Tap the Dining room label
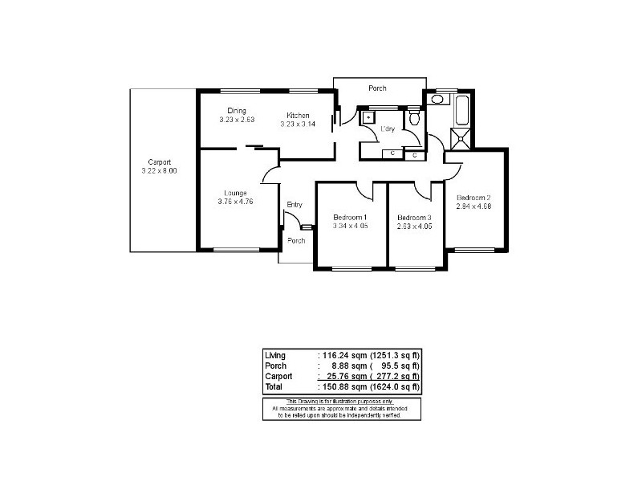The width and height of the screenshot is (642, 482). pyautogui.click(x=236, y=111)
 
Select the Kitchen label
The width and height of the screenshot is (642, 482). pyautogui.click(x=298, y=116)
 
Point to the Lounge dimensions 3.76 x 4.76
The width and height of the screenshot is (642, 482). pyautogui.click(x=235, y=202)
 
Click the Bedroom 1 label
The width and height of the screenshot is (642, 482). pyautogui.click(x=349, y=218)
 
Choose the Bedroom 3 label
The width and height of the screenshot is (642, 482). pyautogui.click(x=414, y=218)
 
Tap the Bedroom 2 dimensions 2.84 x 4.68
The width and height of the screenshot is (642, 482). pyautogui.click(x=473, y=206)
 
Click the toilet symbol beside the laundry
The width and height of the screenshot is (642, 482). pyautogui.click(x=414, y=120)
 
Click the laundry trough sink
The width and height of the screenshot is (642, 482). pyautogui.click(x=368, y=116)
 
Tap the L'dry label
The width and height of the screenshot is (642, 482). pyautogui.click(x=388, y=129)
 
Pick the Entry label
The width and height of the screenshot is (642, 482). pyautogui.click(x=295, y=205)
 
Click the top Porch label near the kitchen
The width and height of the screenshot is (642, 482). pyautogui.click(x=377, y=88)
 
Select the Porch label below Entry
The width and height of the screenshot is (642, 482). pyautogui.click(x=296, y=241)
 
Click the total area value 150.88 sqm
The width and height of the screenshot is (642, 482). pyautogui.click(x=342, y=387)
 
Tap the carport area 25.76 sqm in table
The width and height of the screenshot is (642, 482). pyautogui.click(x=343, y=376)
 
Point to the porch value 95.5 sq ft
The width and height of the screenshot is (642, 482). pyautogui.click(x=395, y=366)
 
